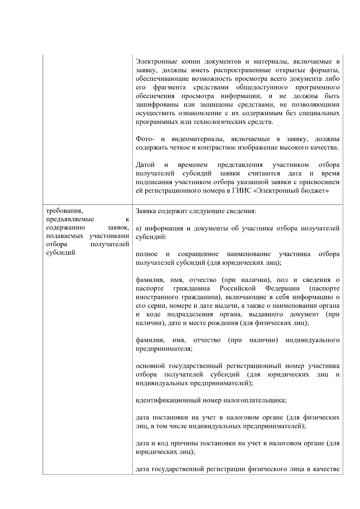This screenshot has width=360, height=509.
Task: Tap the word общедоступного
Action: tap(262, 88)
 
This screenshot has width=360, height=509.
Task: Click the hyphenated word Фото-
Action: tap(145, 139)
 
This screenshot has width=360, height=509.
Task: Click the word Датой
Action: tap(145, 165)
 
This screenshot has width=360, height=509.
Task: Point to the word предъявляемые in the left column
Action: tap(70, 219)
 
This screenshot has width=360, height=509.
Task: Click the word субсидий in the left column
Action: tap(61, 253)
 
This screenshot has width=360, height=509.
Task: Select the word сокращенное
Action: tap(198, 254)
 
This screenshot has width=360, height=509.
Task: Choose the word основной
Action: tap(151, 366)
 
